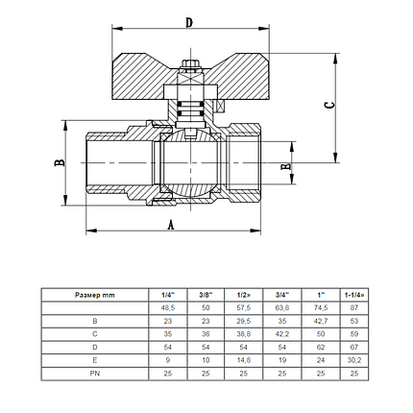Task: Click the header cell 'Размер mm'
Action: (x=94, y=293)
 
